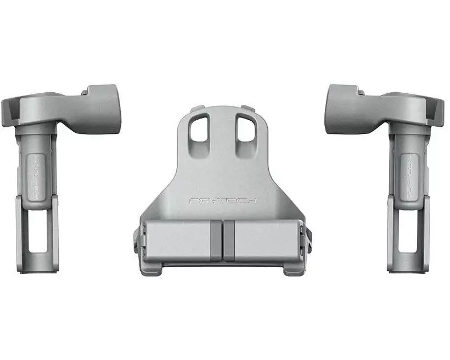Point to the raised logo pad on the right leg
pos(409,175)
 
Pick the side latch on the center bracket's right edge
pos(308,238)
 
